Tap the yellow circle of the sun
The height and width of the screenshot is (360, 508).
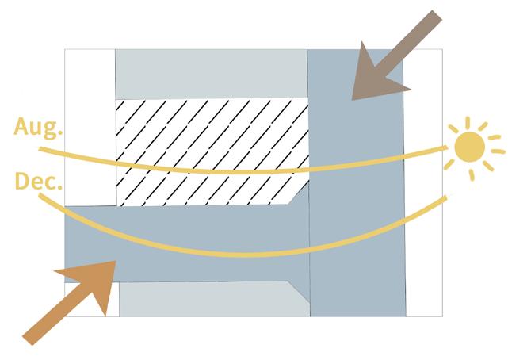point(468,147)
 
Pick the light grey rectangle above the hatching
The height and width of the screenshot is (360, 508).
point(211,73)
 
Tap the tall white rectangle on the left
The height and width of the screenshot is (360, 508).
point(90,127)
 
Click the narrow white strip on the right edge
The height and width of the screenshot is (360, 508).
point(423,182)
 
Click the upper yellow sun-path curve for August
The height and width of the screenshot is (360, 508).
point(238,171)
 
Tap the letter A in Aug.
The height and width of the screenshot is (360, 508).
point(21,127)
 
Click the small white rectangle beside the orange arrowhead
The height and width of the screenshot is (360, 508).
point(112,301)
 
